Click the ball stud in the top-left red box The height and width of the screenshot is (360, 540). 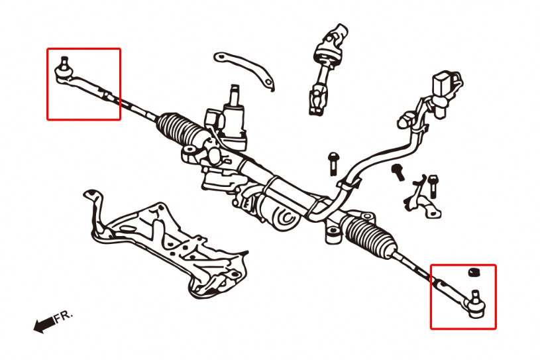click(x=64, y=64)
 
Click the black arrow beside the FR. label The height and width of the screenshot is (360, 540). click(x=43, y=324)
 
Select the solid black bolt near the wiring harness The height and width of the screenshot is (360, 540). click(x=399, y=171)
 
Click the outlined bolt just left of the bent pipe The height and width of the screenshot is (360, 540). click(x=333, y=162)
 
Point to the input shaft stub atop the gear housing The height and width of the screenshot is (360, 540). click(x=235, y=96)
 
